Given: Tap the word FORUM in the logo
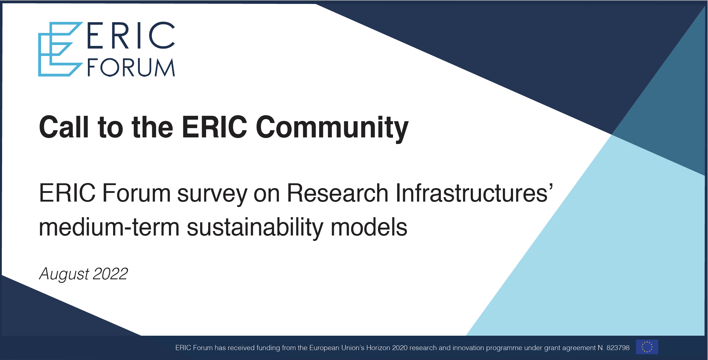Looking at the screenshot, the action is coord(131,67).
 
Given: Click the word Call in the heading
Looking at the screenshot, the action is coord(64,127).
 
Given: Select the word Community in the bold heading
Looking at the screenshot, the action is coord(332,128).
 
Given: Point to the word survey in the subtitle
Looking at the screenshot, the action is coord(212,194).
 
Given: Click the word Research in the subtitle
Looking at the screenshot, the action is coord(338,193).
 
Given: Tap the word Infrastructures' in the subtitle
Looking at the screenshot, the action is coord(474,193).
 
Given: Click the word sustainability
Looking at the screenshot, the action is coord(255,228).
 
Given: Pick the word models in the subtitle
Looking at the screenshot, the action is coord(369,227).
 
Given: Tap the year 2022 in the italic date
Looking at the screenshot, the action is coord(110,274).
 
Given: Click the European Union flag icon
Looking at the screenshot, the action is coord(647,347).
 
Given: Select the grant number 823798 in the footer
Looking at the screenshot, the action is coord(618,348).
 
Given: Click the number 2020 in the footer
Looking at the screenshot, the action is coord(400,348).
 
